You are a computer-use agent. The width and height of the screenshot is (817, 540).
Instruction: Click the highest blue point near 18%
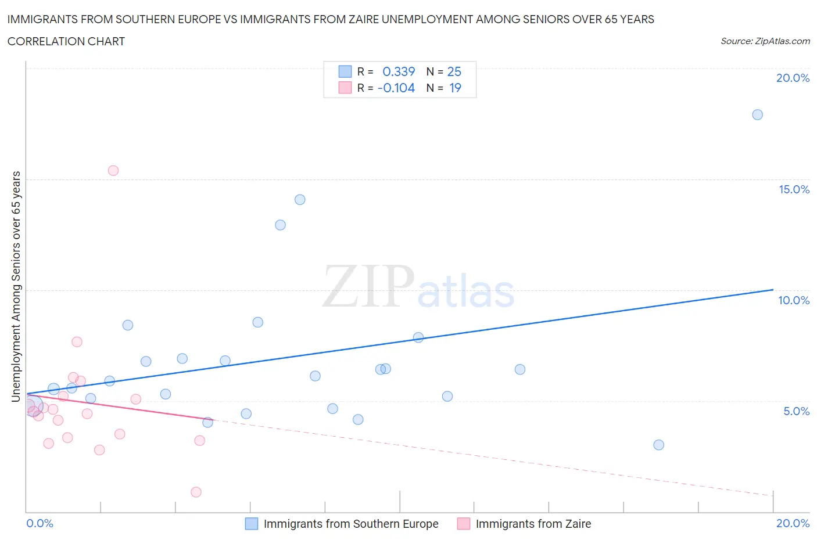pyautogui.click(x=757, y=115)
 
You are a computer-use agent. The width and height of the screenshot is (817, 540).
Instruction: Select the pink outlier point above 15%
pyautogui.click(x=113, y=171)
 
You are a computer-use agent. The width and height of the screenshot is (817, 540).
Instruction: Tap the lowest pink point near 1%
pyautogui.click(x=196, y=492)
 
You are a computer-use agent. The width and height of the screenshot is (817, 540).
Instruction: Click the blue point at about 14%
pyautogui.click(x=300, y=200)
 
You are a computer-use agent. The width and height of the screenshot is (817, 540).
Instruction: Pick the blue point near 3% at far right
pyautogui.click(x=658, y=445)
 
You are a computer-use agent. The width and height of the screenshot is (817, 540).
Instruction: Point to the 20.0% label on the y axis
pyautogui.click(x=793, y=78)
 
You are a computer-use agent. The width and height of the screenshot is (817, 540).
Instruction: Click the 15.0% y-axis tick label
pyautogui.click(x=794, y=190)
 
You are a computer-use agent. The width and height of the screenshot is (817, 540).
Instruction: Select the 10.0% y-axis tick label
pyautogui.click(x=794, y=301)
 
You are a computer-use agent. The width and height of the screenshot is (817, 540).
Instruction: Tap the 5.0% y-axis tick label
pyautogui.click(x=796, y=412)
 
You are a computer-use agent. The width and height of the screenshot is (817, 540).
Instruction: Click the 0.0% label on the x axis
pyautogui.click(x=40, y=524)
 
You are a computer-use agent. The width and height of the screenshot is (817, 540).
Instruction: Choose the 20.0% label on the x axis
pyautogui.click(x=793, y=524)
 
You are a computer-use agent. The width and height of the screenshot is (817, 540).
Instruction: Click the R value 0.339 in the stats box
pyautogui.click(x=399, y=72)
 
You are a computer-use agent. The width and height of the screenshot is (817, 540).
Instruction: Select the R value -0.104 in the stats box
pyautogui.click(x=396, y=88)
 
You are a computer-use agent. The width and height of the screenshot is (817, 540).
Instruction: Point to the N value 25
pyautogui.click(x=454, y=72)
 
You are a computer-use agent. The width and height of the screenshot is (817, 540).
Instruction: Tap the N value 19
pyautogui.click(x=455, y=88)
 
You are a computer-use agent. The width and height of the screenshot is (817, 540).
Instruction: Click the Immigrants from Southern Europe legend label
pyautogui.click(x=351, y=524)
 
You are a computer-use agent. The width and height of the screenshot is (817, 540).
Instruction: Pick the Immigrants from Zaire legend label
pyautogui.click(x=533, y=524)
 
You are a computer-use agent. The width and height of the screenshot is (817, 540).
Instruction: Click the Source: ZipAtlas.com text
pyautogui.click(x=765, y=41)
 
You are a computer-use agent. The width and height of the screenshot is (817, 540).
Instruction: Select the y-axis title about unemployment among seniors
pyautogui.click(x=16, y=287)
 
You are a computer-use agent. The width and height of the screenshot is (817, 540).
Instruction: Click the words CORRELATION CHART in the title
pyautogui.click(x=66, y=42)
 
